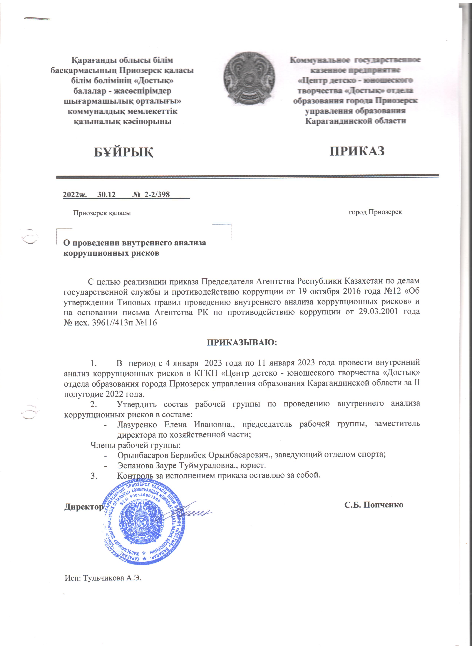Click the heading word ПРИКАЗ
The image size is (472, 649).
point(357,151)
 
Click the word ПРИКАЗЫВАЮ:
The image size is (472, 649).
point(242,342)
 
